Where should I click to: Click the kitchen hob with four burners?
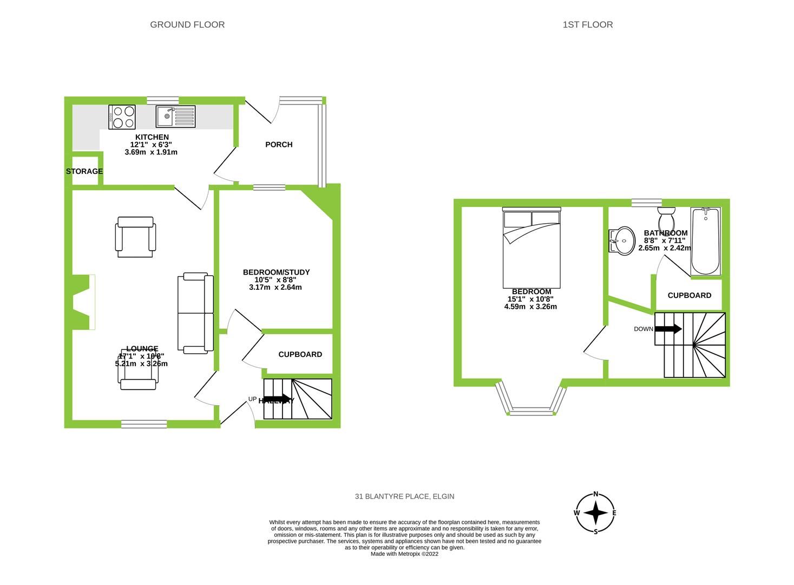[x=122, y=117]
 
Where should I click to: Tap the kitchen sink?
[x=175, y=116]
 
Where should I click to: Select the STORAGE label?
[x=84, y=171]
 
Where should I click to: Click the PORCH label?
[x=279, y=145]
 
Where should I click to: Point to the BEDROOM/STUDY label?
[x=276, y=272]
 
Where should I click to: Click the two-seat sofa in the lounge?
[x=195, y=314]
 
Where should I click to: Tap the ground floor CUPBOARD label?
[x=300, y=354]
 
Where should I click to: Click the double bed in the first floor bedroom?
[x=531, y=248]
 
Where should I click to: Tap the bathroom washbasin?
[x=622, y=239]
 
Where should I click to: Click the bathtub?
[x=706, y=241]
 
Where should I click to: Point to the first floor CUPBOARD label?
[x=689, y=295]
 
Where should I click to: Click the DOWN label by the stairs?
[x=644, y=329]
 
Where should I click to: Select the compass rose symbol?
[x=596, y=512]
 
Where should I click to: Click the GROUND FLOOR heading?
[x=187, y=24]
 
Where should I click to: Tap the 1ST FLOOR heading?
[x=587, y=24]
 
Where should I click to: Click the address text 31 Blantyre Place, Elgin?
[x=404, y=496]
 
